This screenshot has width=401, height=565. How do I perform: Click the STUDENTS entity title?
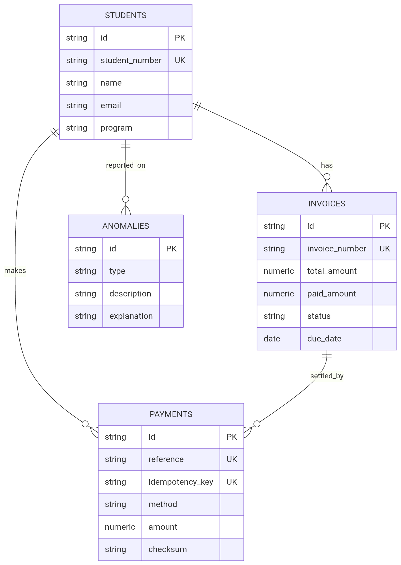[126, 16]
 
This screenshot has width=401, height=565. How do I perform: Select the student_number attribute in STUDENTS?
[131, 61]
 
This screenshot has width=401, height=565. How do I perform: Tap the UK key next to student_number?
[180, 61]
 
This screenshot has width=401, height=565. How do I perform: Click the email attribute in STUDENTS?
[111, 106]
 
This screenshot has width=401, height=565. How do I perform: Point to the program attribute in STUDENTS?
[116, 128]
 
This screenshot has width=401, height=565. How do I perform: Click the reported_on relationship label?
[126, 165]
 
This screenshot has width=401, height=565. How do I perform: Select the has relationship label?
[327, 165]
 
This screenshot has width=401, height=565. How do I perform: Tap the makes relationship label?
[15, 271]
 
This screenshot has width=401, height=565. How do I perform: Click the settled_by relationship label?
[327, 376]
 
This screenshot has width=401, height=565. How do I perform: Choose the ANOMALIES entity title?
[126, 226]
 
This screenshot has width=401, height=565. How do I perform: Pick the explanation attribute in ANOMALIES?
[131, 316]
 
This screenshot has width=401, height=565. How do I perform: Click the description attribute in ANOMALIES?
[130, 294]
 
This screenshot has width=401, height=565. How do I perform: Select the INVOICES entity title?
[327, 204]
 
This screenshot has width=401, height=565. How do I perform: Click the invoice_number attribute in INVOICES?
[336, 249]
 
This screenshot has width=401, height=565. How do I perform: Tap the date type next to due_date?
[272, 339]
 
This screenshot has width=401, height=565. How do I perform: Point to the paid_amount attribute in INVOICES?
[331, 294]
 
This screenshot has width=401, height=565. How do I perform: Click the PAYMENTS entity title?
[171, 414]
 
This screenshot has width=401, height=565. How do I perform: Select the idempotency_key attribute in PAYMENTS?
[181, 482]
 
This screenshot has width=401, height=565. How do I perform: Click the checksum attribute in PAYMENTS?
[168, 549]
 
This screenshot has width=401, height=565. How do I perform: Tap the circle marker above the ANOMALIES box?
[126, 199]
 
